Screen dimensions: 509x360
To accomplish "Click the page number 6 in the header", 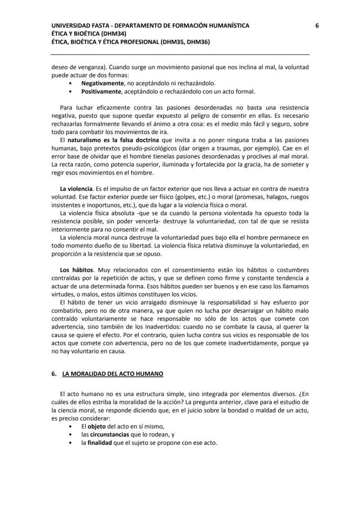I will pos(317,26).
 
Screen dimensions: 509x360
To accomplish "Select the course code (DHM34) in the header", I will pos(116,33).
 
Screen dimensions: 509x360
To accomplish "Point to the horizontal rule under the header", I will pos(180,54).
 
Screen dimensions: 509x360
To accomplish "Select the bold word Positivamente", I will pos(101,91).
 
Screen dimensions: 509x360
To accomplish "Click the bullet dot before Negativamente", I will pos(71,83).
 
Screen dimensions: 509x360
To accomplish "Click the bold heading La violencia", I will pos(77,189).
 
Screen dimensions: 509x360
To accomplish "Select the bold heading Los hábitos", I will pos(77,270).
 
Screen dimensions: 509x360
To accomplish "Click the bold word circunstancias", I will pos(110,435).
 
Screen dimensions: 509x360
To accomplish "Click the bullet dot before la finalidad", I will pos(71,443).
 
